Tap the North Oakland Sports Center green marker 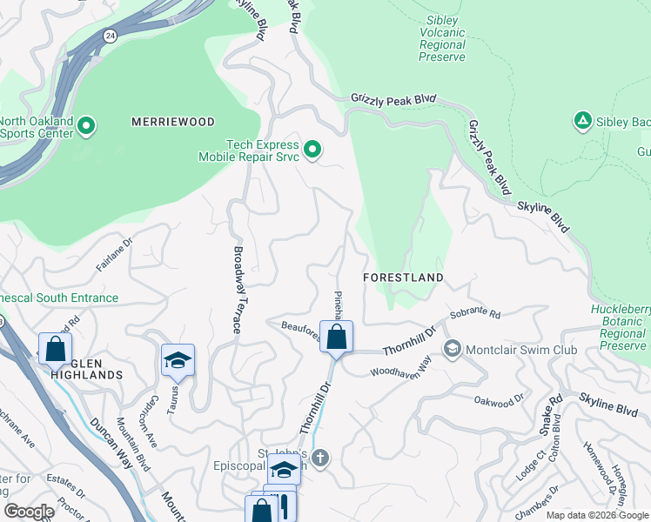pos(86,127)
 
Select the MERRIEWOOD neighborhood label pos(172,122)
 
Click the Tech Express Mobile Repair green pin pos(312,151)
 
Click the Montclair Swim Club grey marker pos(453,350)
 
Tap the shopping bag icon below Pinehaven pos(337,337)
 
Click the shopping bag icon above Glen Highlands pos(55,348)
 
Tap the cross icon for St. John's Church pos(320,458)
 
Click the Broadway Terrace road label pos(237,290)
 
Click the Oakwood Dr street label pos(499,400)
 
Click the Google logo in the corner pos(29,512)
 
